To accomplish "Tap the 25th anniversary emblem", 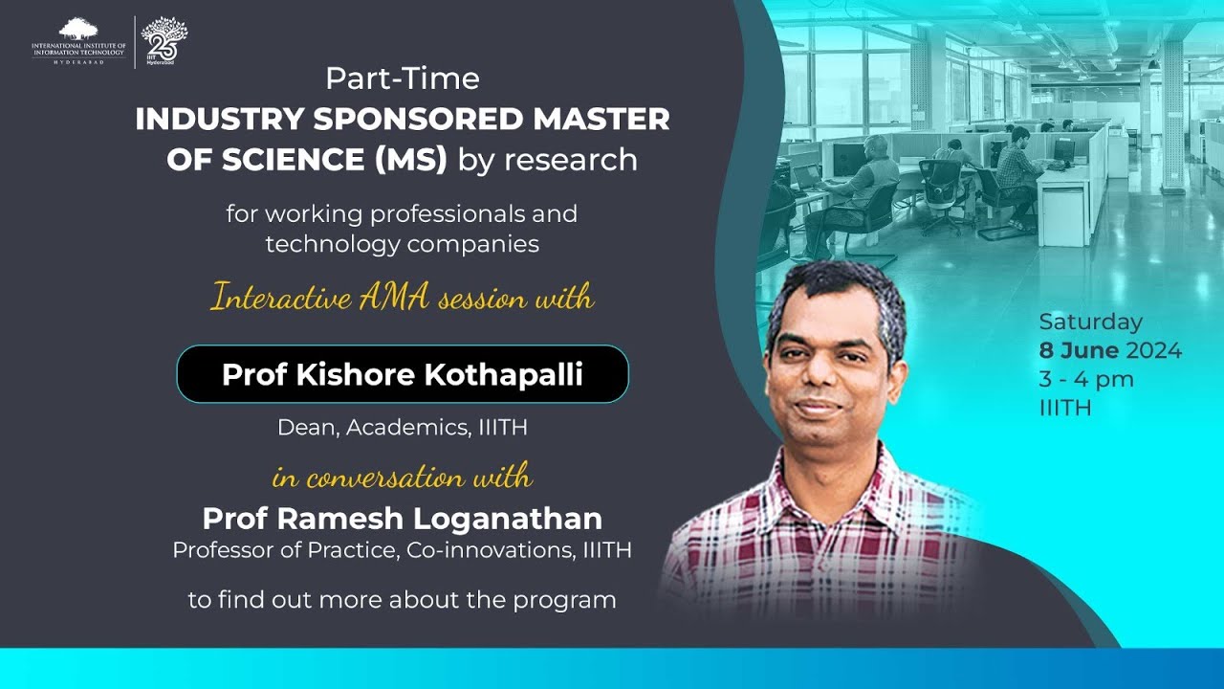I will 164,39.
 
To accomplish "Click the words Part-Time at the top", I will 402,78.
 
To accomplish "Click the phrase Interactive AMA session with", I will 402,299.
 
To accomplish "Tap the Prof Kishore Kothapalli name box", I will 402,374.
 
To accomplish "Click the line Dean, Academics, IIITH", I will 402,428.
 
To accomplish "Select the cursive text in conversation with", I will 402,476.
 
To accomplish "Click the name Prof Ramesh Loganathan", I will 402,519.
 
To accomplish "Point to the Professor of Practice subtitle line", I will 402,551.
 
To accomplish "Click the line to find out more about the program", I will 402,601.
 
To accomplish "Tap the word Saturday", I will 1090,322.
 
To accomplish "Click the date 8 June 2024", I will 1110,350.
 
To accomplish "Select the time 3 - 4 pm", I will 1086,379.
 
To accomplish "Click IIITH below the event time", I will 1065,408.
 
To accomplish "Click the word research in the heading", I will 572,160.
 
